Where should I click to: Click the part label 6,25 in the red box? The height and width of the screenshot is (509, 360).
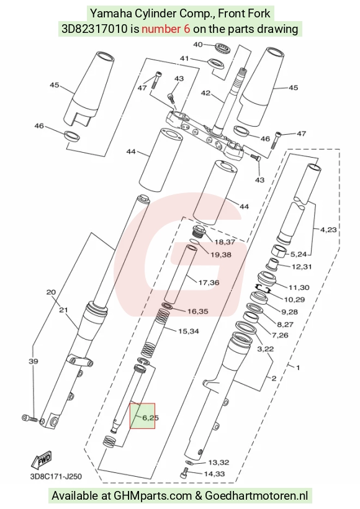(x=150, y=418)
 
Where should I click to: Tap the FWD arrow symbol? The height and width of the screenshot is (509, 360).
(x=41, y=459)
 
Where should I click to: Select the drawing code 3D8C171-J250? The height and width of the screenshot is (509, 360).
(x=56, y=477)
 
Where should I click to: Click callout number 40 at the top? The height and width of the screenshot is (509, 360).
(x=198, y=45)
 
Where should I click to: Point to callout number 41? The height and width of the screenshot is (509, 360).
(x=184, y=59)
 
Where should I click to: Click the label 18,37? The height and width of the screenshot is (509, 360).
(x=224, y=242)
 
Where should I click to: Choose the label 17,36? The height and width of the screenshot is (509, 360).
(x=209, y=282)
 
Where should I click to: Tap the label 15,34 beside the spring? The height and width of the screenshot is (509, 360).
(x=189, y=331)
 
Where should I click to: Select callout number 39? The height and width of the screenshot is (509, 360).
(x=34, y=361)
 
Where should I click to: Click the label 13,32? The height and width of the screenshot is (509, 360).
(x=218, y=462)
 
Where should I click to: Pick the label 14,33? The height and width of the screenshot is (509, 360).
(x=214, y=474)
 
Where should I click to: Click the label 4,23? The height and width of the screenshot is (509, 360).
(x=328, y=230)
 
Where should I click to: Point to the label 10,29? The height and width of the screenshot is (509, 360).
(x=294, y=300)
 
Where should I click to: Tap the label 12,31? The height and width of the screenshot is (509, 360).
(x=302, y=267)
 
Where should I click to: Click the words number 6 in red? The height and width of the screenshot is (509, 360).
(x=166, y=29)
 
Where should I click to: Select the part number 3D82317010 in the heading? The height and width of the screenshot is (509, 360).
(x=94, y=29)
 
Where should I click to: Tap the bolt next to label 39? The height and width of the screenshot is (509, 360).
(x=29, y=418)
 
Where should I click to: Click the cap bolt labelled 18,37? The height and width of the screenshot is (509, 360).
(x=198, y=232)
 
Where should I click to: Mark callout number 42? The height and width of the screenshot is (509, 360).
(x=205, y=93)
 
